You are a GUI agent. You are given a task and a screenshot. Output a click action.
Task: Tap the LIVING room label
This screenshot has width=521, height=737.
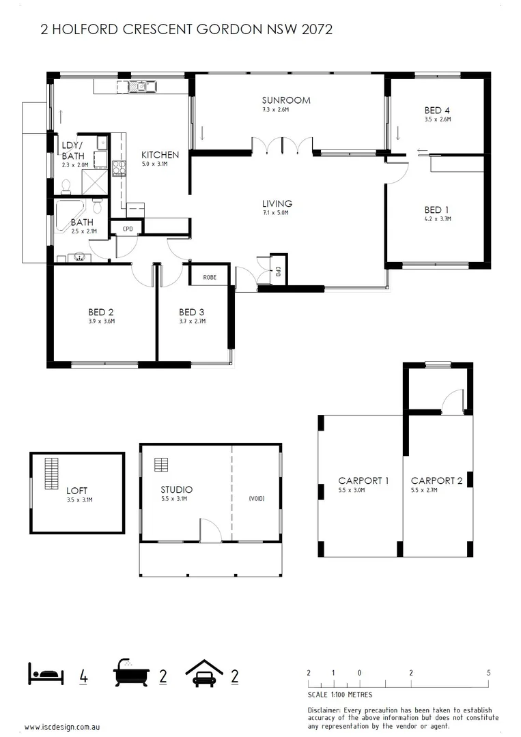(277, 203)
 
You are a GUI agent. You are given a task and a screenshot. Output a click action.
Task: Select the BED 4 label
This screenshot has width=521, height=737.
(437, 110)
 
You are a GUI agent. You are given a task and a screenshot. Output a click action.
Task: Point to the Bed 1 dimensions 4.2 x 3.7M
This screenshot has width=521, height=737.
(437, 219)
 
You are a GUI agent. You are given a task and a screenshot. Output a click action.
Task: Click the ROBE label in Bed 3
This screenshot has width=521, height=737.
(210, 277)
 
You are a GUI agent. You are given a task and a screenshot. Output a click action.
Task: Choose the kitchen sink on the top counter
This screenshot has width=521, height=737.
(141, 86)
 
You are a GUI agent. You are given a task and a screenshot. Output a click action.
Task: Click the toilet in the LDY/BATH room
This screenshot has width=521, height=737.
(66, 186)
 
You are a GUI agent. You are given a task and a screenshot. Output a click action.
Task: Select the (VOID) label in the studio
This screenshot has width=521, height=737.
(256, 499)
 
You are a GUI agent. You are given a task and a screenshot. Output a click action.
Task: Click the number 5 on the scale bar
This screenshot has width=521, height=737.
(488, 673)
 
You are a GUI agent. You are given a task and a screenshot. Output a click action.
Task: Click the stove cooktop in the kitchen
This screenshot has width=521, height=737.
(118, 167)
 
